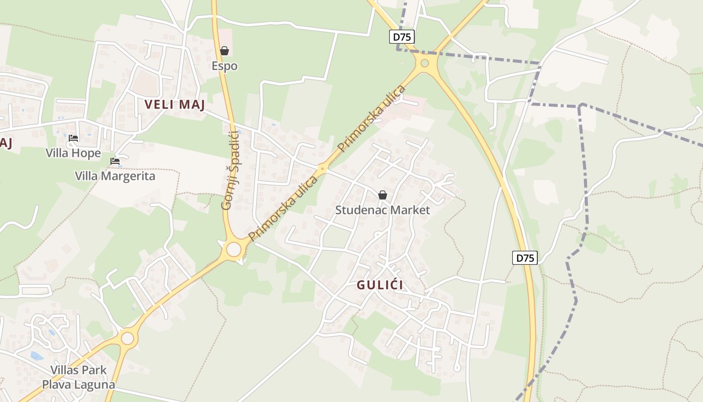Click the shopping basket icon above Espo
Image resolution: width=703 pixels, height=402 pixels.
pos(224,51)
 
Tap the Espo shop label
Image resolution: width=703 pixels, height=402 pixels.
pos(224,66)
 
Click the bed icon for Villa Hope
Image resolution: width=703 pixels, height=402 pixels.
pos(73,138)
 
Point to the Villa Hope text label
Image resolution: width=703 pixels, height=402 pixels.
pos(73,153)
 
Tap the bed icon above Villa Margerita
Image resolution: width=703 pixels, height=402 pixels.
pos(115,161)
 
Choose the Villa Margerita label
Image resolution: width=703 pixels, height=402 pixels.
pos(115,176)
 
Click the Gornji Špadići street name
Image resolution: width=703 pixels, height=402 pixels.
pos(229,170)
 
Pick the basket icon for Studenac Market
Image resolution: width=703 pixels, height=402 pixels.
pos(383,195)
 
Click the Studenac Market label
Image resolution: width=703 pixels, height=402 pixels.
pos(383,210)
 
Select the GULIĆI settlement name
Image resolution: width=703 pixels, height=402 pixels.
pos(380,285)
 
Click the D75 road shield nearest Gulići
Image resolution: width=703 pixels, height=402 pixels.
pos(525,258)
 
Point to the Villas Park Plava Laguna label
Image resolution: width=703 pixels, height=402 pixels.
pos(78,377)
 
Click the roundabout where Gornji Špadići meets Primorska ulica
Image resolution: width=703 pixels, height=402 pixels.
pos(233,249)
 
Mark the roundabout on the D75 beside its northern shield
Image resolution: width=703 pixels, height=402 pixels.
pos(425,63)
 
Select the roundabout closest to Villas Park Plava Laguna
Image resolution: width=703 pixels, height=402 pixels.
pos(128,338)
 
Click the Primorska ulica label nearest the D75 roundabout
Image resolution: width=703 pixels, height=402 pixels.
pos(372,119)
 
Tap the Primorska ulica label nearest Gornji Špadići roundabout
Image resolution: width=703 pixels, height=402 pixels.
pos(283,209)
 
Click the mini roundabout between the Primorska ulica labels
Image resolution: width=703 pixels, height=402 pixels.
pos(323,169)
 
